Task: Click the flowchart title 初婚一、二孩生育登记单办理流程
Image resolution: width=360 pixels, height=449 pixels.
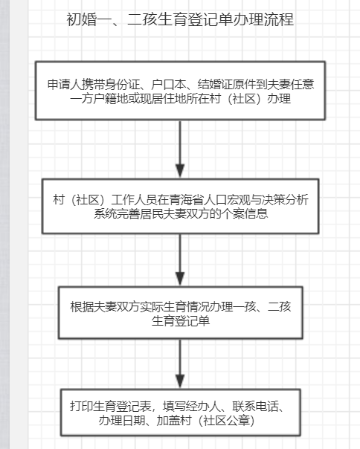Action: pyautogui.click(x=180, y=19)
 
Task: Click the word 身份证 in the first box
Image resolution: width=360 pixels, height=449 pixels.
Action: pyautogui.click(x=117, y=85)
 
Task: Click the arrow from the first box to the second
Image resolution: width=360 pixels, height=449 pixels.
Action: pyautogui.click(x=180, y=149)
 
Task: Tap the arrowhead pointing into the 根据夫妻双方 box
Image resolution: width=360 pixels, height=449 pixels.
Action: pyautogui.click(x=180, y=278)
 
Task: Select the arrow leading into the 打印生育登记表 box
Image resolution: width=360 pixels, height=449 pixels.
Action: pyautogui.click(x=180, y=364)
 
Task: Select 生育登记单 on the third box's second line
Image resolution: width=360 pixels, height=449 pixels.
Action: pyautogui.click(x=181, y=320)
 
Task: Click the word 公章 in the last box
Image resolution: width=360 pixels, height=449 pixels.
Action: pyautogui.click(x=239, y=420)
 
